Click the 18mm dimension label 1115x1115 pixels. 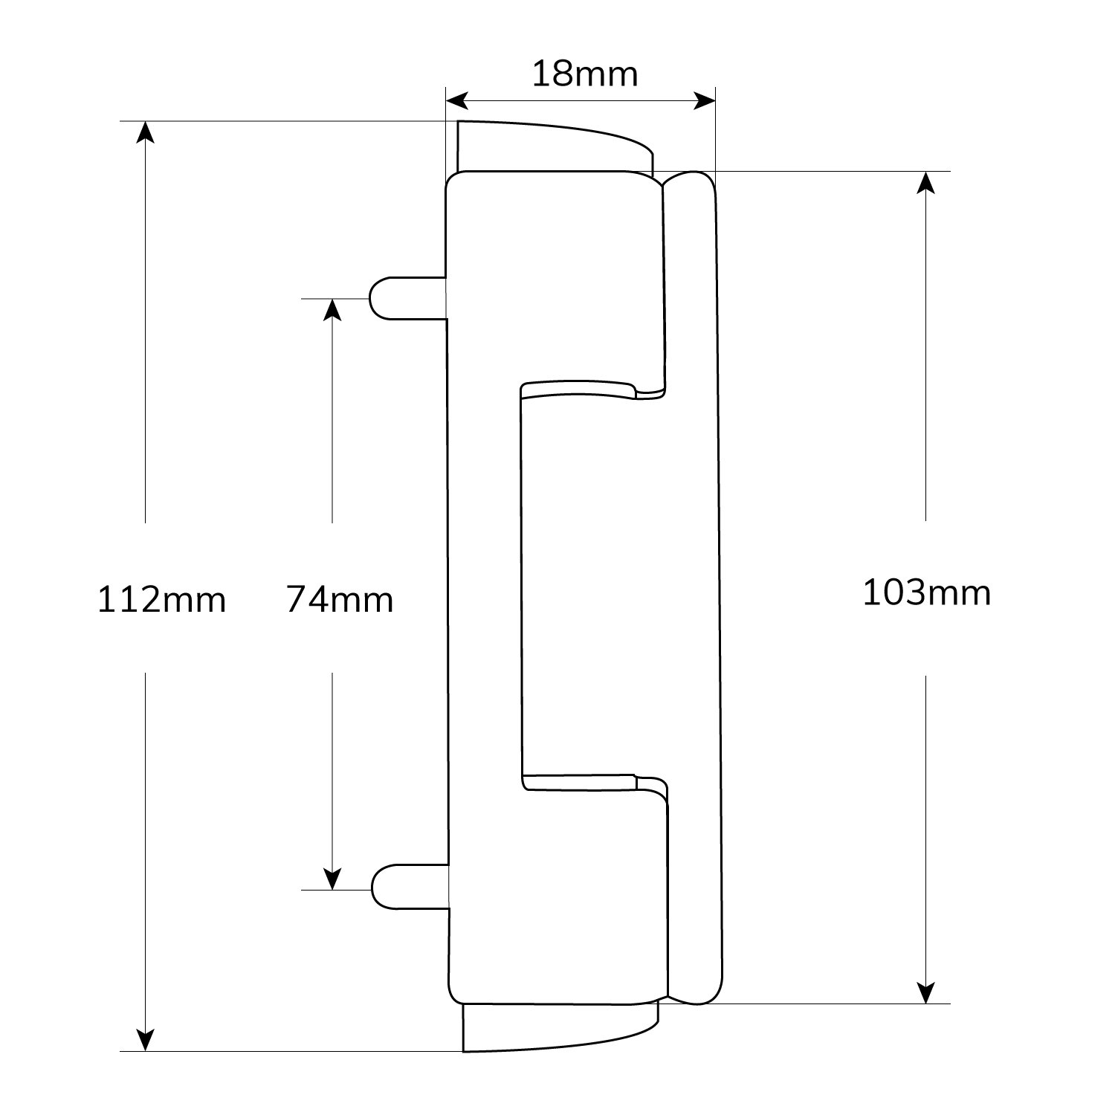click(585, 74)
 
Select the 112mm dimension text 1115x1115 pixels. click(161, 599)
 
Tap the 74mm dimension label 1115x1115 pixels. click(340, 599)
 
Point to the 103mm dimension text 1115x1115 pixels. click(927, 593)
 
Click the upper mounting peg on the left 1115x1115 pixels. click(407, 298)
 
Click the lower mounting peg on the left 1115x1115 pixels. click(410, 886)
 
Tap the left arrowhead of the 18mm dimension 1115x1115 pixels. click(456, 100)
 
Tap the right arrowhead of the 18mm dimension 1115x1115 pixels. click(704, 100)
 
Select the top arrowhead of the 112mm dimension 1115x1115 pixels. click(146, 132)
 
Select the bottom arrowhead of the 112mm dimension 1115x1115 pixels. click(146, 1040)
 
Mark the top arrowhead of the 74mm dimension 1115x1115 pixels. click(332, 309)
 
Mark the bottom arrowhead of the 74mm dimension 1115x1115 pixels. click(332, 879)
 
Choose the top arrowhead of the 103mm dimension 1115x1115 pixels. click(925, 183)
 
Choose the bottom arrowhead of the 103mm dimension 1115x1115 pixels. click(925, 992)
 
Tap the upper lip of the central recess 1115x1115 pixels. click(592, 390)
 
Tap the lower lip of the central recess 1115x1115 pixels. click(595, 783)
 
